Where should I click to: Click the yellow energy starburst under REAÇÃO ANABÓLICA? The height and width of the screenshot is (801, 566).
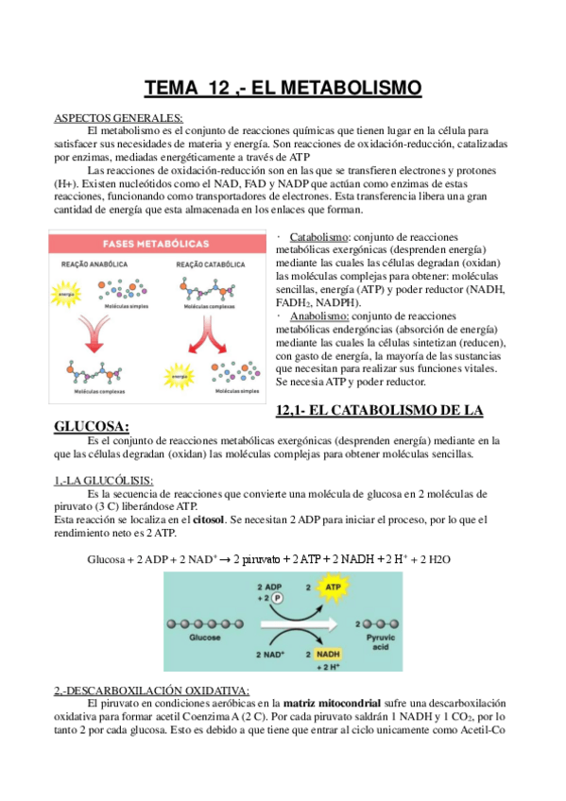tap(66, 294)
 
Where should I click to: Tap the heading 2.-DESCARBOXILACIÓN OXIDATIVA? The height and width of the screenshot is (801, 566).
tap(151, 690)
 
